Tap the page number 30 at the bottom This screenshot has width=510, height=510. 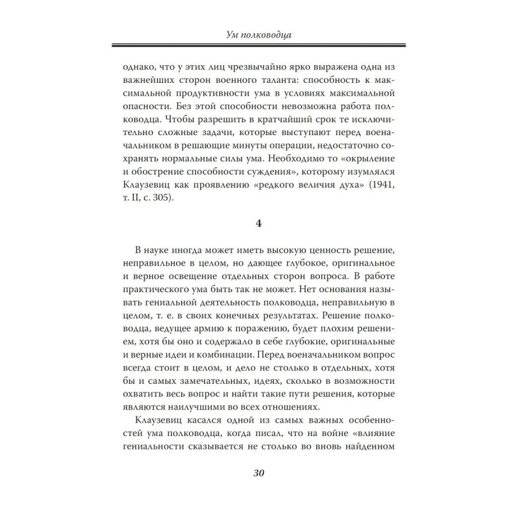click(254, 472)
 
